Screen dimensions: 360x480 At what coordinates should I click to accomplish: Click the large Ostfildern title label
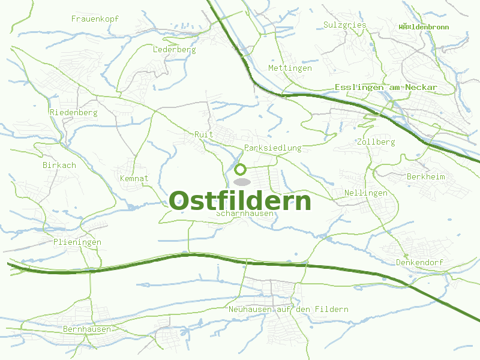(240, 201)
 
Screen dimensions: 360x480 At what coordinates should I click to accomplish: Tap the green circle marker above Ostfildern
(241, 169)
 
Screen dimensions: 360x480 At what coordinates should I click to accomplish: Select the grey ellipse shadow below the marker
(241, 181)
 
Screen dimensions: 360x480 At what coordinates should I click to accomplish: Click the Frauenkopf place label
(95, 19)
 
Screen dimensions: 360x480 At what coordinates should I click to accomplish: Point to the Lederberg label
(175, 50)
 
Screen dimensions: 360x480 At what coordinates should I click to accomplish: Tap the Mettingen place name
(290, 68)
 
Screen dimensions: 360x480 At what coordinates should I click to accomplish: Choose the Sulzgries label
(344, 25)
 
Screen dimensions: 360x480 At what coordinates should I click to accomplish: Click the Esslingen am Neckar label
(386, 88)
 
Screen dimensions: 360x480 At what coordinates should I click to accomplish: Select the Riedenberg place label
(74, 113)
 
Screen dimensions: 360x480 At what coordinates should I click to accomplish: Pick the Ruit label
(204, 134)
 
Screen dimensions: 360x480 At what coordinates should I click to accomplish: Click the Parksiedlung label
(273, 148)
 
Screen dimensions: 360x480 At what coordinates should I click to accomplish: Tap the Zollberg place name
(376, 142)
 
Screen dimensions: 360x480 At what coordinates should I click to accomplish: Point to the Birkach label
(59, 166)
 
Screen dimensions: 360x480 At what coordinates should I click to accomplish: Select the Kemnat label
(134, 179)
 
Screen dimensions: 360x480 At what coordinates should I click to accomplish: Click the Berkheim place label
(426, 177)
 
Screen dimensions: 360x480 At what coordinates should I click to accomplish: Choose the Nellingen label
(366, 193)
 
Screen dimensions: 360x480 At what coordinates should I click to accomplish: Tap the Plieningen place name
(77, 242)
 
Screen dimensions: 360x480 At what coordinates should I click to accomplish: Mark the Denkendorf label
(419, 263)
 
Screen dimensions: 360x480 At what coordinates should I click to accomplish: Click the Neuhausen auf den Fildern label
(288, 310)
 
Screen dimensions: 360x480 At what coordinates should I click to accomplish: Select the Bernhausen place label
(87, 329)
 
